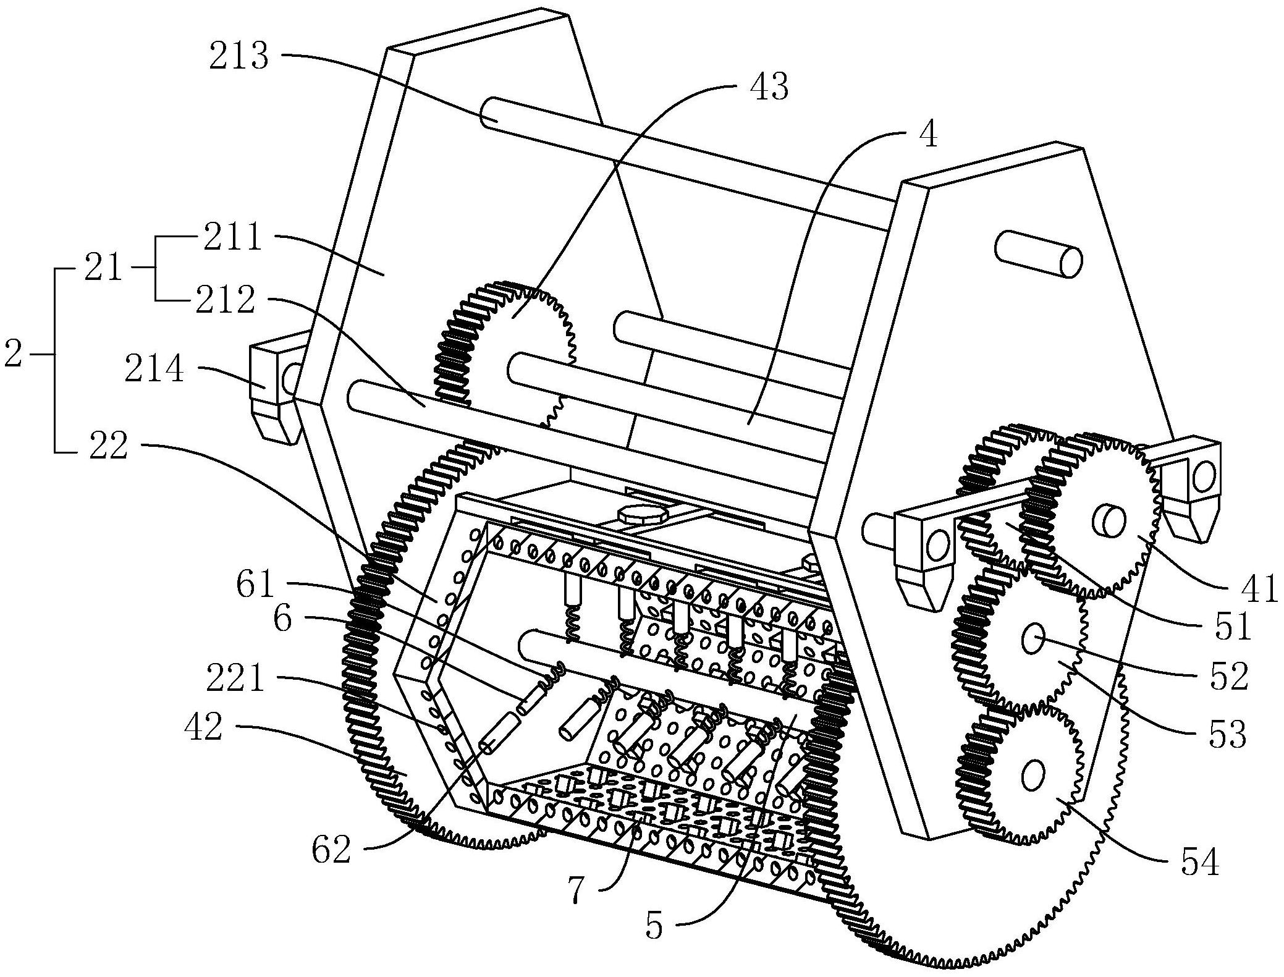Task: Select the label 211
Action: [233, 238]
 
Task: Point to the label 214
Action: [154, 371]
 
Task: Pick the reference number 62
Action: [331, 850]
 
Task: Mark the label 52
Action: [1228, 677]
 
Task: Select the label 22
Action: [108, 446]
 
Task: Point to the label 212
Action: [226, 302]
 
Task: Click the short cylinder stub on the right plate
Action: [1038, 253]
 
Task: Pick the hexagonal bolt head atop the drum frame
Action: [638, 514]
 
